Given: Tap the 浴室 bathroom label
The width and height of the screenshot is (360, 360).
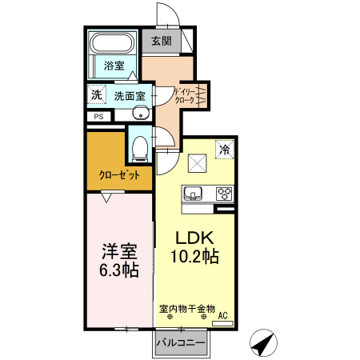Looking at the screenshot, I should click(x=113, y=66).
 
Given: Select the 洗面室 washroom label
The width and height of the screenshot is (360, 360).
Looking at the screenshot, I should click(x=128, y=95).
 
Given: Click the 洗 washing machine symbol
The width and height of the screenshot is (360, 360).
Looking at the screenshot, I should click(x=96, y=94).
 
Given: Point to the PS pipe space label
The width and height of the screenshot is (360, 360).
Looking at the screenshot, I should click(x=98, y=116).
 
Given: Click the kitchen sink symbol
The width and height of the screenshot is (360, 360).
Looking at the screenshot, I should click(x=194, y=194).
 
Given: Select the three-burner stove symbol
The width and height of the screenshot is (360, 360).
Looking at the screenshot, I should click(x=224, y=194).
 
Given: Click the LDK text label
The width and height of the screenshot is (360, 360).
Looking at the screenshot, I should click(x=194, y=238).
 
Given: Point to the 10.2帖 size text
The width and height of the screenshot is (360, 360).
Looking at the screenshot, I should click(x=194, y=257).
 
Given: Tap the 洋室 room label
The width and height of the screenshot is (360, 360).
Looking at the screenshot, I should click(x=118, y=250).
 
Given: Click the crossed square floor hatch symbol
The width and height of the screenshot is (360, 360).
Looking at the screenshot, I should click(x=198, y=162).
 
